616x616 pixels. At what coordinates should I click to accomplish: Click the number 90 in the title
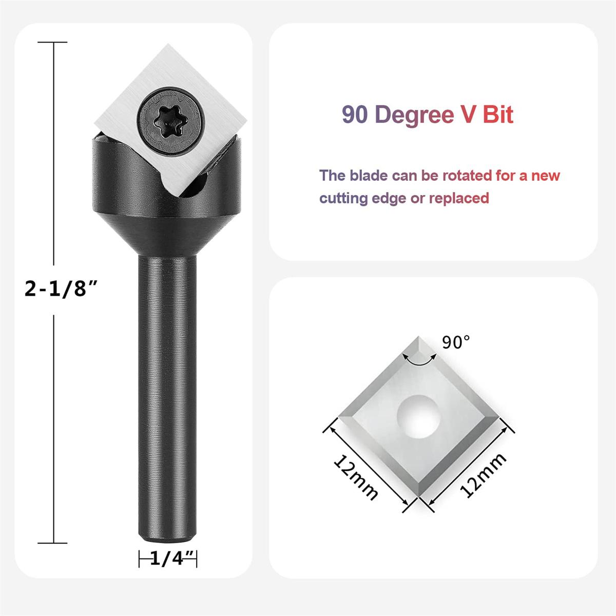click(355, 114)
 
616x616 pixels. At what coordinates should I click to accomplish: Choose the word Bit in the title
click(497, 114)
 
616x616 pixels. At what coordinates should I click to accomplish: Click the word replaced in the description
click(459, 198)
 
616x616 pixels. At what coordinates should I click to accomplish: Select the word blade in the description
click(368, 176)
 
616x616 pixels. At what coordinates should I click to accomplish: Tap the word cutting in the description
click(343, 198)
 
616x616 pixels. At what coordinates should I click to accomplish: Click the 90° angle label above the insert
click(456, 342)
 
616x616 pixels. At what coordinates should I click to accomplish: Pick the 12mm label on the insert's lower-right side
click(483, 475)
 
